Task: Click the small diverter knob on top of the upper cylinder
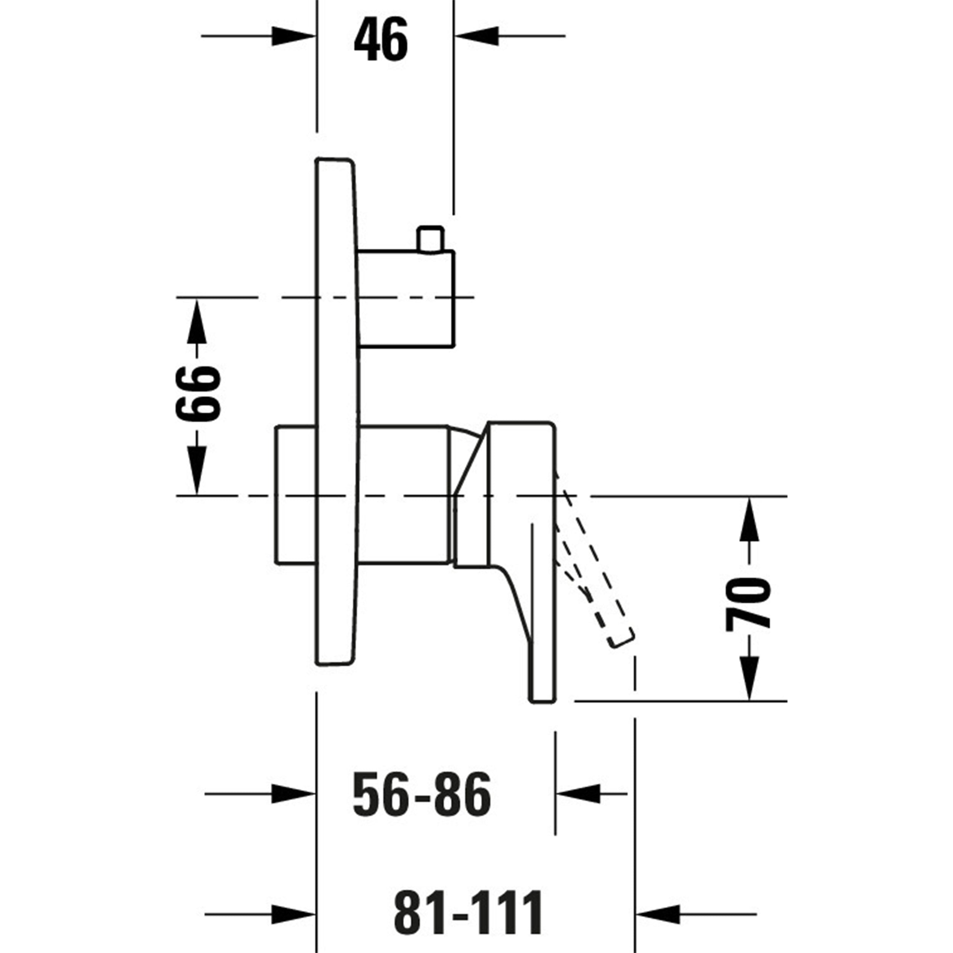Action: (x=430, y=240)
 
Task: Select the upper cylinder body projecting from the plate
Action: (x=406, y=299)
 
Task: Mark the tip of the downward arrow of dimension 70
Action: (x=749, y=700)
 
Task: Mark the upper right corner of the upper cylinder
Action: (x=454, y=251)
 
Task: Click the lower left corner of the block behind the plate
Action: (x=276, y=562)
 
